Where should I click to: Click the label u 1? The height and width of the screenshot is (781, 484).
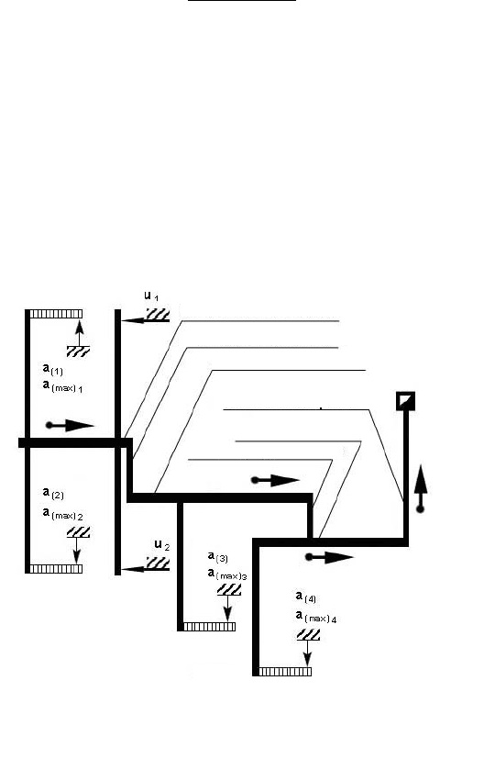click(x=151, y=296)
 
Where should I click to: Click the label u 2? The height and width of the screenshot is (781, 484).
click(x=162, y=545)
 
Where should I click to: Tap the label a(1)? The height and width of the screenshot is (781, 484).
click(x=53, y=370)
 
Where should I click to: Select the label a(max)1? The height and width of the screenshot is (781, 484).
click(x=62, y=386)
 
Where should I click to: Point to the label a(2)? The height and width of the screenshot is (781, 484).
click(x=53, y=494)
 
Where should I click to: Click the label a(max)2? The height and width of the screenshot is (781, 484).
click(x=62, y=514)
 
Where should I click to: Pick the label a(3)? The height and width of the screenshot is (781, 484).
click(x=218, y=557)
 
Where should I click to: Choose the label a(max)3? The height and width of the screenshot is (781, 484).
click(x=227, y=575)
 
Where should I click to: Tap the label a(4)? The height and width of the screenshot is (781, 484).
click(x=306, y=597)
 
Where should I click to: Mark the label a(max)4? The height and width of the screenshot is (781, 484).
click(x=316, y=617)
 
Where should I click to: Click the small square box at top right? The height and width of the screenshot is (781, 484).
click(x=405, y=401)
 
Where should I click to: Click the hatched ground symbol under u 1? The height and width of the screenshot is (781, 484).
click(x=158, y=315)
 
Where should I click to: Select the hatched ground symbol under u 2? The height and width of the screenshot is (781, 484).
click(x=158, y=563)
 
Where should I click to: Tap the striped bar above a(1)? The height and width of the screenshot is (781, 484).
click(x=56, y=314)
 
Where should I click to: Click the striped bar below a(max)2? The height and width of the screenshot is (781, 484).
click(x=56, y=569)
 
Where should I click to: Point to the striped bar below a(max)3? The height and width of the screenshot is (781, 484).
click(x=209, y=627)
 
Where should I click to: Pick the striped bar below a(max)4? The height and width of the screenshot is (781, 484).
click(x=285, y=672)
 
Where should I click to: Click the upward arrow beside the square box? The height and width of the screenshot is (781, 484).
click(x=421, y=488)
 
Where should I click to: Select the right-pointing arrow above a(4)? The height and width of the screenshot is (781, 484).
click(x=329, y=557)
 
